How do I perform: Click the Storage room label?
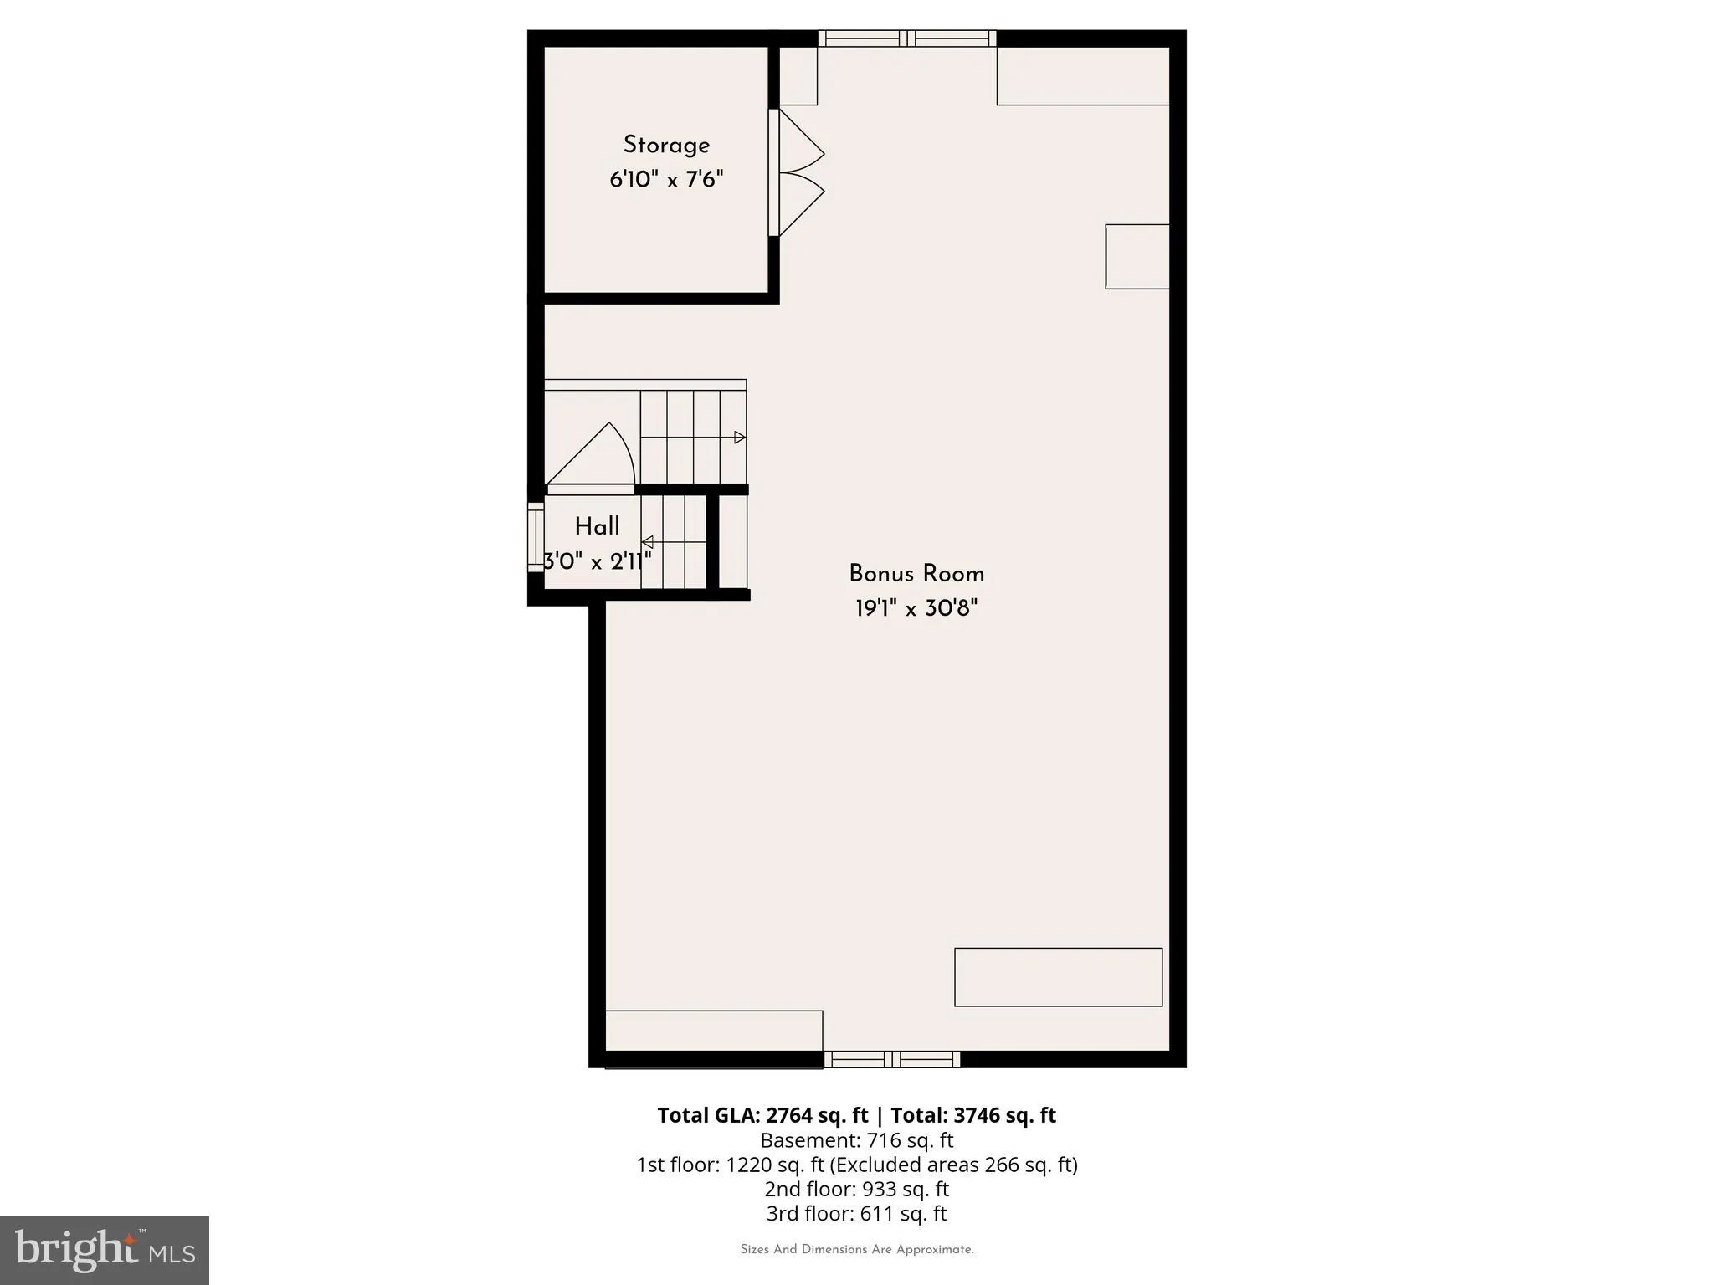click(666, 146)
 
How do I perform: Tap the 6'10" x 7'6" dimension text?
click(666, 179)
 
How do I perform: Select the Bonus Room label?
click(916, 574)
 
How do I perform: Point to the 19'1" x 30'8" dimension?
click(916, 608)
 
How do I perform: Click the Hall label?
click(597, 527)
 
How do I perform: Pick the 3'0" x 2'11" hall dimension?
click(597, 561)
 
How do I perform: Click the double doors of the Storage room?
click(797, 172)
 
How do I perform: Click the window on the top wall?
click(907, 38)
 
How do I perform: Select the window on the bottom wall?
click(892, 1059)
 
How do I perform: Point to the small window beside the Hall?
click(536, 536)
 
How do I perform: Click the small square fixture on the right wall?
click(1137, 257)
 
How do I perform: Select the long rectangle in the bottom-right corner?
click(1059, 977)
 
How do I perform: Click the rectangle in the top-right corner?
click(1083, 75)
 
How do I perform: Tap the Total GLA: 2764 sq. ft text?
click(762, 1115)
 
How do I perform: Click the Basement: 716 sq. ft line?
click(857, 1140)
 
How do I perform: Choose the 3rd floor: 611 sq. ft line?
click(857, 1213)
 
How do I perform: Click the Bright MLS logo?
click(105, 1250)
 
